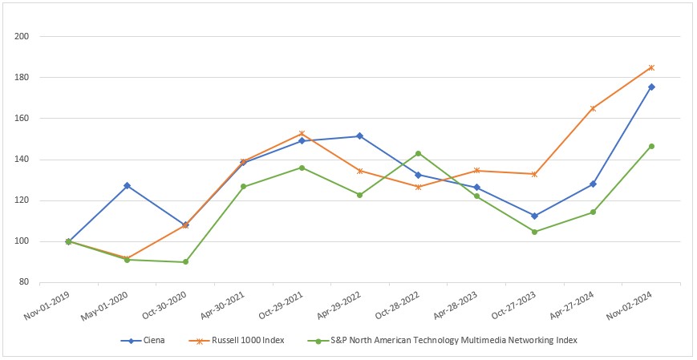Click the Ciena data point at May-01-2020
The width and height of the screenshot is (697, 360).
click(127, 185)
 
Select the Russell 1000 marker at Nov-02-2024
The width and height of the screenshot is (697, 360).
click(651, 67)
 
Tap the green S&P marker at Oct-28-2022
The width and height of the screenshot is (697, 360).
click(418, 153)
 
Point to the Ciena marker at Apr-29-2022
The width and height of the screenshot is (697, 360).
click(360, 136)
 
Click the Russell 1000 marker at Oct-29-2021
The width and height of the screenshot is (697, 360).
click(302, 134)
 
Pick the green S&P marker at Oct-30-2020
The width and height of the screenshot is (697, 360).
click(185, 262)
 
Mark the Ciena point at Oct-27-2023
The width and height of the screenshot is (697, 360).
click(535, 216)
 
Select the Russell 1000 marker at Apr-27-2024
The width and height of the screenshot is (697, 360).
click(593, 108)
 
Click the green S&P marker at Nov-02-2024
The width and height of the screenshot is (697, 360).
click(651, 146)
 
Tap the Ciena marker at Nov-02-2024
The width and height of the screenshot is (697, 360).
click(651, 87)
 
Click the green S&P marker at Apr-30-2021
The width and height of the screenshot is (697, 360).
click(244, 187)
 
